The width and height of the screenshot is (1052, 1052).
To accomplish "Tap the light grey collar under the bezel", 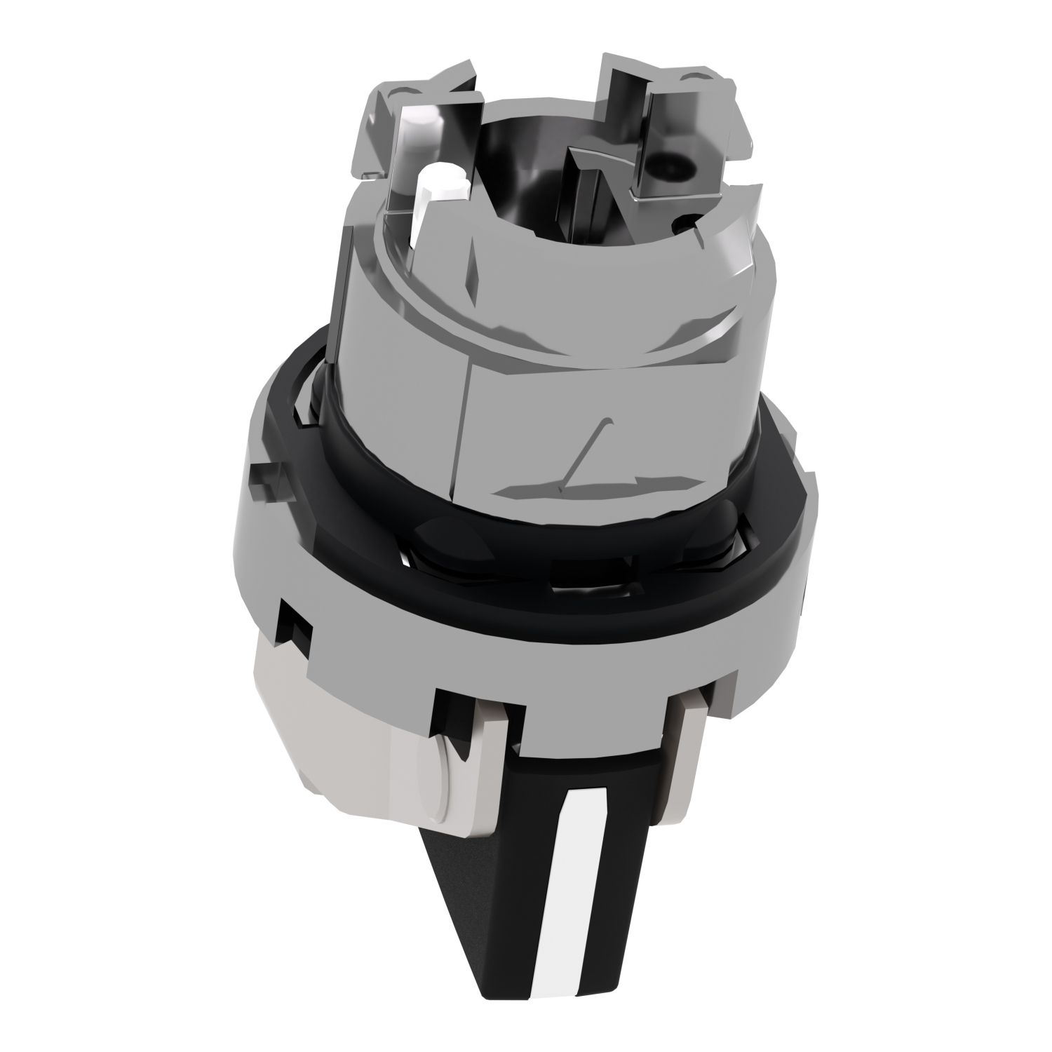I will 351,736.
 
